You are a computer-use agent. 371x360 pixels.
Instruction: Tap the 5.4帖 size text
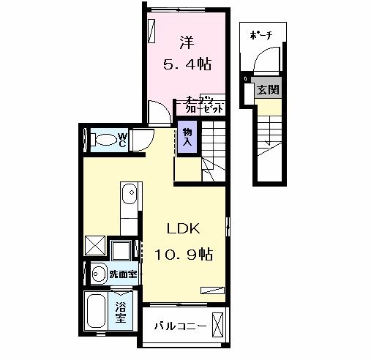point(187,64)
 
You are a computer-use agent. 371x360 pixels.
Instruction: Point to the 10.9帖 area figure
point(184,255)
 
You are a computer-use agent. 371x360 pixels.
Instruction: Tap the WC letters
point(124,139)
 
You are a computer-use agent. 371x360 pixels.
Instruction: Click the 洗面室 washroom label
point(121,274)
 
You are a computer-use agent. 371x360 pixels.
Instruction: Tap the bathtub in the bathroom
point(97,311)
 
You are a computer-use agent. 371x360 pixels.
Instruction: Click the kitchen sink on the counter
point(129,195)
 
